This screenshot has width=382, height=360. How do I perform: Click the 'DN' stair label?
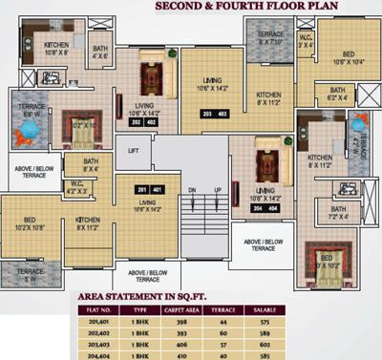193,191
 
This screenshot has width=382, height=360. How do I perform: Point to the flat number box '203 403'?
211,115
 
